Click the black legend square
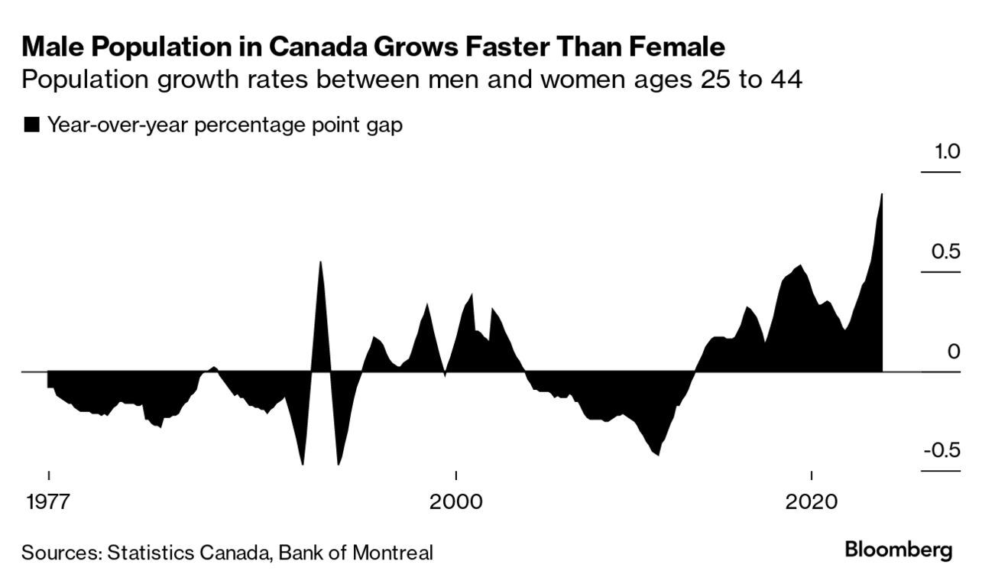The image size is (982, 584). tap(32, 125)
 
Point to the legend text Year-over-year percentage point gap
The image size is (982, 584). tap(225, 125)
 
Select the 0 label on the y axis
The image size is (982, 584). tap(952, 352)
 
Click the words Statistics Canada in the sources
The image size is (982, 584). tap(186, 552)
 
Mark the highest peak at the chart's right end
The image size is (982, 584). tap(882, 194)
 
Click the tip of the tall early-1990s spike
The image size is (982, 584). tap(320, 262)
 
